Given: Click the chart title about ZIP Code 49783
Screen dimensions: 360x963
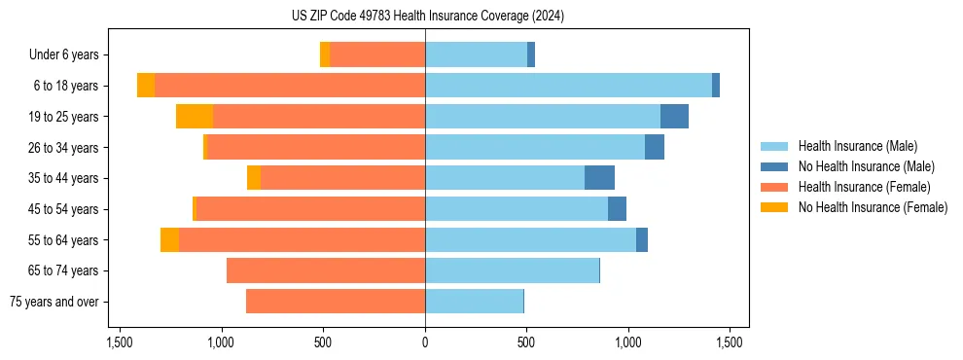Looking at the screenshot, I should click(427, 17).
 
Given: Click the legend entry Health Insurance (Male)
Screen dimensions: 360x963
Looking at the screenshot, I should click(857, 146).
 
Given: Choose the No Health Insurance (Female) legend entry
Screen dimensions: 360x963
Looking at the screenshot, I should click(873, 207).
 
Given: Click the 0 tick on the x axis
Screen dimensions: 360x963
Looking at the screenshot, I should click(425, 342).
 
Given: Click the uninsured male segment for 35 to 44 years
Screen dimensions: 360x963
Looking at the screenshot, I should click(599, 178).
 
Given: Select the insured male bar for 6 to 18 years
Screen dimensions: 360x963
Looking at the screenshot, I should click(568, 86).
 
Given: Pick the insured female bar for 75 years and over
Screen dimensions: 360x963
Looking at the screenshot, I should click(336, 302).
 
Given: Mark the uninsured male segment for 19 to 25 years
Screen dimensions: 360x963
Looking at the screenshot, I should click(674, 117).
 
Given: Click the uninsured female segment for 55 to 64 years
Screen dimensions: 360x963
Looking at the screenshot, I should click(169, 239).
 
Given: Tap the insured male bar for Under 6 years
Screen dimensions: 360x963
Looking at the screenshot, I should click(476, 55).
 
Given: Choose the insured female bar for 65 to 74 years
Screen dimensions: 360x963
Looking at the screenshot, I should click(326, 270).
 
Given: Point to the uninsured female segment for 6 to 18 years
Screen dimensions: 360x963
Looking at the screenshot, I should click(146, 86).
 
